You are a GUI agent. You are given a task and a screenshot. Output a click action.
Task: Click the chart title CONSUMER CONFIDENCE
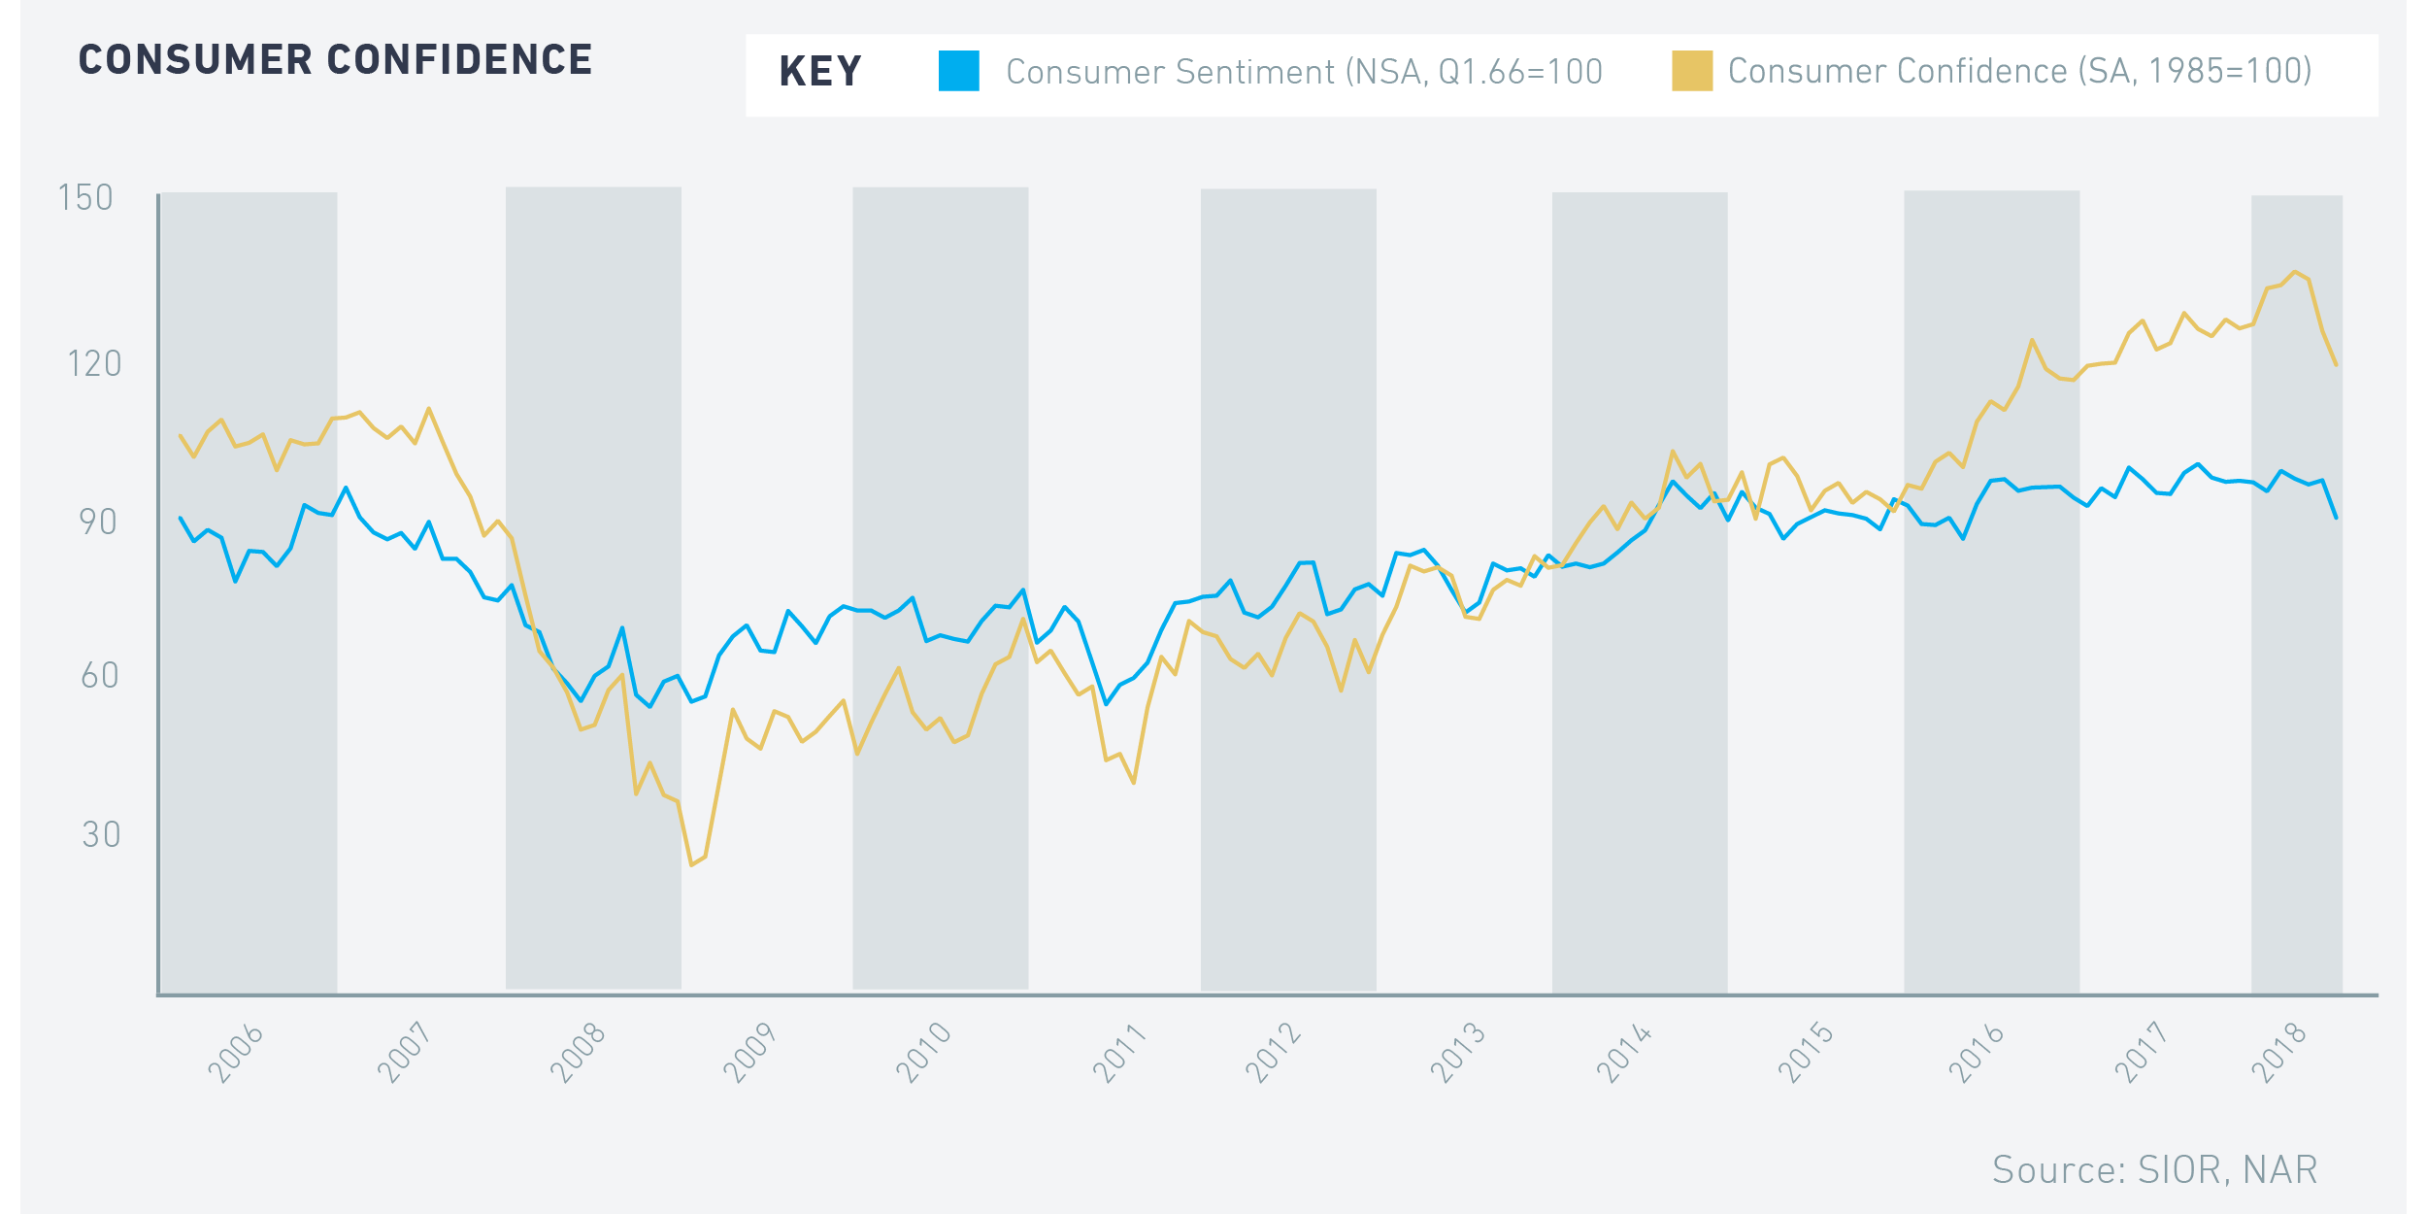(x=335, y=60)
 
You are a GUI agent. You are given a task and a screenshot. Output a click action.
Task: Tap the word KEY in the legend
(x=820, y=72)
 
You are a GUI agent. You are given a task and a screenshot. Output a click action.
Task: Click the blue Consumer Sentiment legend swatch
(x=958, y=71)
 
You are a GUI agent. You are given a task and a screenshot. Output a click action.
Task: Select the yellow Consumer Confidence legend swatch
(x=1691, y=71)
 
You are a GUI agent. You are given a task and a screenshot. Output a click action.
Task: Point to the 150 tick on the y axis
(x=85, y=198)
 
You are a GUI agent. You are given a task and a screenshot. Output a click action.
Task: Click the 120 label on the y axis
(x=94, y=364)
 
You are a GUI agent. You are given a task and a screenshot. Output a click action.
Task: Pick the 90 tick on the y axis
(x=98, y=523)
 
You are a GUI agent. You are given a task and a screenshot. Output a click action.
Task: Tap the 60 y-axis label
(x=100, y=676)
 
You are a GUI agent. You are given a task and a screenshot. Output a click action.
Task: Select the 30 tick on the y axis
(x=101, y=835)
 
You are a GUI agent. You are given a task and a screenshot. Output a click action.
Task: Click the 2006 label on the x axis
(x=236, y=1054)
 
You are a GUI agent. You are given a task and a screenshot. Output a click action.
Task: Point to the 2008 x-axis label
(x=579, y=1054)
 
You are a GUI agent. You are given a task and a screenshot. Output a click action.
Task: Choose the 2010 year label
(x=924, y=1054)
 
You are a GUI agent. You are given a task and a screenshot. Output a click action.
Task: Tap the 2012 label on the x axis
(x=1274, y=1054)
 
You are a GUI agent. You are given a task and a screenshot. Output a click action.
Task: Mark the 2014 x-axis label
(x=1625, y=1054)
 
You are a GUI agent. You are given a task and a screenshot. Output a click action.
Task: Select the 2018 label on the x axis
(x=2279, y=1054)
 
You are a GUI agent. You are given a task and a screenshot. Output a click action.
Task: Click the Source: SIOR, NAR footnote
(x=2154, y=1170)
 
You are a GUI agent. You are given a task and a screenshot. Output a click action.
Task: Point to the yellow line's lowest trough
(x=691, y=864)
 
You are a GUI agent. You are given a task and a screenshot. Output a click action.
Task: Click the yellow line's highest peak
(x=2295, y=272)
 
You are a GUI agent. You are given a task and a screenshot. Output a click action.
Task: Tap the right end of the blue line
(x=2336, y=518)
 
